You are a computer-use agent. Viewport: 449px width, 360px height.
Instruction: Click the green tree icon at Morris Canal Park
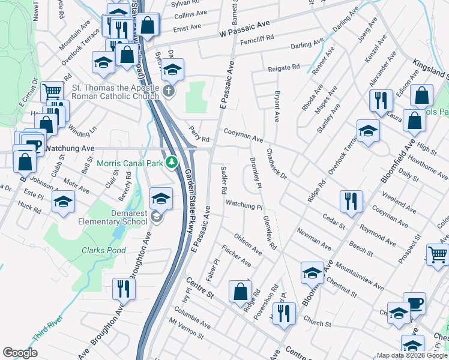pos(172,162)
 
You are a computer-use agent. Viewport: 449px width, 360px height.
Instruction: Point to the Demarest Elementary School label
pos(113,217)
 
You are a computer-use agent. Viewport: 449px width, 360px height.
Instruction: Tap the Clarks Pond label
pos(102,250)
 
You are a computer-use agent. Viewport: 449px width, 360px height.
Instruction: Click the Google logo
pos(20,353)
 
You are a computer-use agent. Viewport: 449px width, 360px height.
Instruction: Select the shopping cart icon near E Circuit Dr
pos(52,91)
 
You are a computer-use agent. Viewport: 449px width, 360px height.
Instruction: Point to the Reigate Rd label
pos(283,68)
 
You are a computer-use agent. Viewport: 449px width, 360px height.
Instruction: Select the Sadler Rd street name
pos(223,179)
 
